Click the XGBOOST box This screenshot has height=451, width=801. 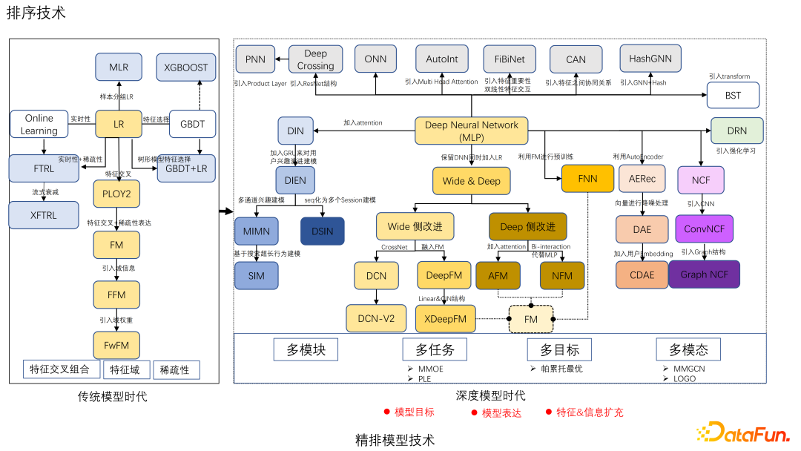pyautogui.click(x=186, y=68)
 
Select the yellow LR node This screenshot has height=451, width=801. pyautogui.click(x=119, y=124)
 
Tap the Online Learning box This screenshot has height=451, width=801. pyautogui.click(x=39, y=124)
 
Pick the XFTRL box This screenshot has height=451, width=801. pyautogui.click(x=43, y=215)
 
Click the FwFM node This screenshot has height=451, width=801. pyautogui.click(x=116, y=344)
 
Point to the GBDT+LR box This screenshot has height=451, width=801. pyautogui.click(x=186, y=168)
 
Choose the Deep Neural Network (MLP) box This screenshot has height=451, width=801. pyautogui.click(x=471, y=131)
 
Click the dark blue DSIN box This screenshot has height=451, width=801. pyautogui.click(x=322, y=231)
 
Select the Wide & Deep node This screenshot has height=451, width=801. pyautogui.click(x=471, y=181)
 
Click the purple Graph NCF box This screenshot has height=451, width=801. pyautogui.click(x=704, y=274)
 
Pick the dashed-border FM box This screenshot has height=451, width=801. pyautogui.click(x=531, y=319)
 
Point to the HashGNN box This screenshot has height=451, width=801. pyautogui.click(x=650, y=59)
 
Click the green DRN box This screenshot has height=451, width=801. pyautogui.click(x=736, y=131)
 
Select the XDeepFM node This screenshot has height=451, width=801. pyautogui.click(x=445, y=319)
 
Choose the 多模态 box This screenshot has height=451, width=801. pyautogui.click(x=688, y=349)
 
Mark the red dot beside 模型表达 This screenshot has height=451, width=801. pyautogui.click(x=473, y=412)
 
